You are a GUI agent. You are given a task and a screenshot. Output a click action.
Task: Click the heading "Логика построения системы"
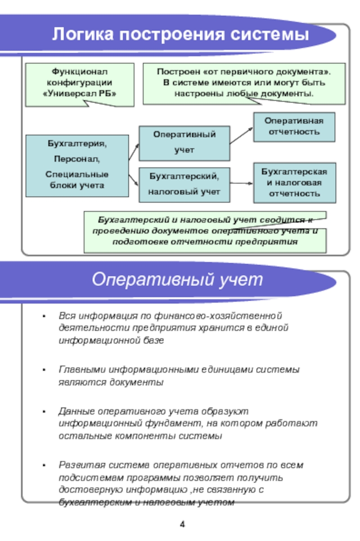click(180, 35)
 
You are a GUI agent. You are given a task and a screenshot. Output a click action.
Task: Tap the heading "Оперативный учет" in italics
click(177, 280)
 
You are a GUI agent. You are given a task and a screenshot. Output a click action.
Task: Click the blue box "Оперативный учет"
click(184, 143)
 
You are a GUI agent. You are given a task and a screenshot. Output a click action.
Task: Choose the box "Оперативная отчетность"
click(294, 126)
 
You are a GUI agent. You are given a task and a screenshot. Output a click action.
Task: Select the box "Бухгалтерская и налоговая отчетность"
click(294, 182)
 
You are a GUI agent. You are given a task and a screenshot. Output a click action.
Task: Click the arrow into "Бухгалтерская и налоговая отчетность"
click(242, 183)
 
